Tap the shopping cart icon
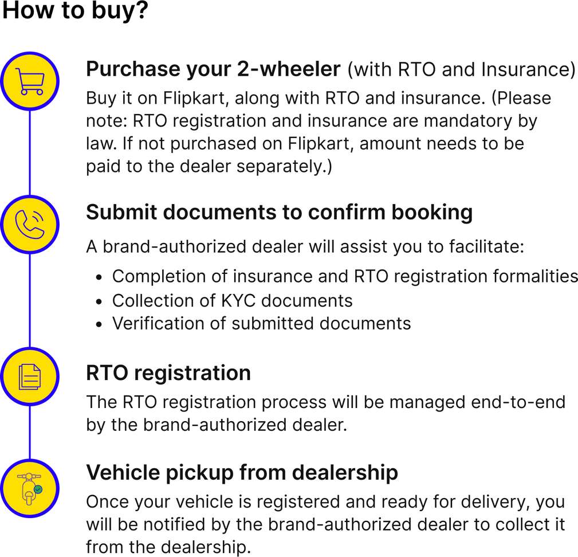pos(30,81)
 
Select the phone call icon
pos(30,225)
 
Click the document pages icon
pos(30,376)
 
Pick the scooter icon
pos(29,489)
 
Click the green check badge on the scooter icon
pos(38,489)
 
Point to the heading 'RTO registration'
pos(168,372)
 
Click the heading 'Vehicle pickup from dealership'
pos(242,473)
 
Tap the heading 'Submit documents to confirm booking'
pos(280,213)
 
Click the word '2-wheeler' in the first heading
pos(289,69)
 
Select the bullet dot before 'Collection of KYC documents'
pos(99,302)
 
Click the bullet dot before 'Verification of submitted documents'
pos(99,325)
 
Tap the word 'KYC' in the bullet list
pos(239,301)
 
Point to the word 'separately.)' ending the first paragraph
pos(284,167)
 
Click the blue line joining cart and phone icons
pos(30,152)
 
